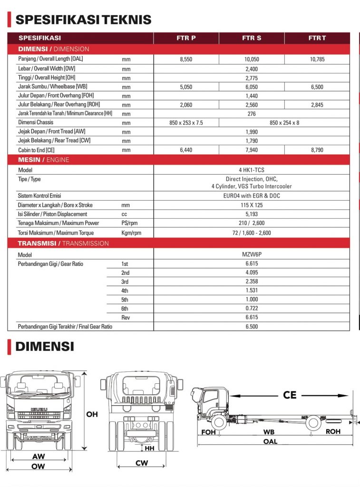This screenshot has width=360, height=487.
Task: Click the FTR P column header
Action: (186, 38)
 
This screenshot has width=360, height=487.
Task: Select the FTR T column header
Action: (317, 38)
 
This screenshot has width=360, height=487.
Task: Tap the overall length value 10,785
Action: (317, 59)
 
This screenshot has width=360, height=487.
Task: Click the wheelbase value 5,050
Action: (186, 87)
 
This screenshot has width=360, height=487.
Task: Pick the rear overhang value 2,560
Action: (252, 105)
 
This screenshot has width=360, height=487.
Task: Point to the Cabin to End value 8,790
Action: (317, 150)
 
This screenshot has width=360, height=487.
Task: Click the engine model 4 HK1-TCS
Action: (252, 170)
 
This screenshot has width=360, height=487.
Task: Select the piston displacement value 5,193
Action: (252, 214)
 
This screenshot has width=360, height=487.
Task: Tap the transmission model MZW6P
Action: (252, 254)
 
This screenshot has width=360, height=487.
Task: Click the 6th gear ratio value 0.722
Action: (252, 308)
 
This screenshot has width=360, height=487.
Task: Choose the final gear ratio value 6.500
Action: (252, 327)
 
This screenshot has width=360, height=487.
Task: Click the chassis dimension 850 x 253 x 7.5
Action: (186, 123)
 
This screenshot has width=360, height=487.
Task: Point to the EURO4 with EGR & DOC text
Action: (252, 195)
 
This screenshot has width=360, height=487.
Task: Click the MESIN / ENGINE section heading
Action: (44, 160)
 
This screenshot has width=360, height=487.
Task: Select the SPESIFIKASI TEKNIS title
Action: (83, 19)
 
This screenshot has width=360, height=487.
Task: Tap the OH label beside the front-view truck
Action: (92, 414)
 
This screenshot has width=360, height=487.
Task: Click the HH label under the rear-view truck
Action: (149, 448)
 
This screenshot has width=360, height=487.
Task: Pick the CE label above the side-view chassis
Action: (290, 395)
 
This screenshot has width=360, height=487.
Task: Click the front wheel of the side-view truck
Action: (219, 421)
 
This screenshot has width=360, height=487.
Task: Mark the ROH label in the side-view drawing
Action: (333, 432)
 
